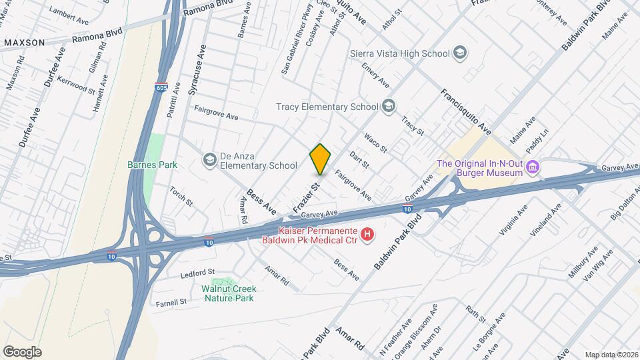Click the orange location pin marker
(320, 159)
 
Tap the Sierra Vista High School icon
(459, 53)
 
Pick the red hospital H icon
(367, 234)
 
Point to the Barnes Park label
(149, 164)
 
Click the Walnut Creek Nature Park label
(229, 293)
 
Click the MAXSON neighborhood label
(25, 43)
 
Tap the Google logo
(22, 352)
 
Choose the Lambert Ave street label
(69, 13)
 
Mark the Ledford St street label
(197, 273)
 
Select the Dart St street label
(359, 159)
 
